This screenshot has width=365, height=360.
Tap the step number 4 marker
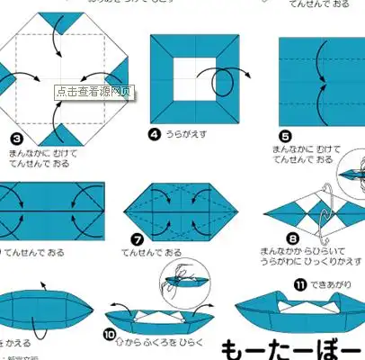click(155, 134)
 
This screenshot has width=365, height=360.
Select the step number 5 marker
click(287, 138)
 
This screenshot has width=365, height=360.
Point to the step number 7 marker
click(138, 240)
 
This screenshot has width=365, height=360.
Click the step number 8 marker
click(292, 239)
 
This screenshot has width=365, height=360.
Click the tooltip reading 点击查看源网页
click(93, 91)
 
